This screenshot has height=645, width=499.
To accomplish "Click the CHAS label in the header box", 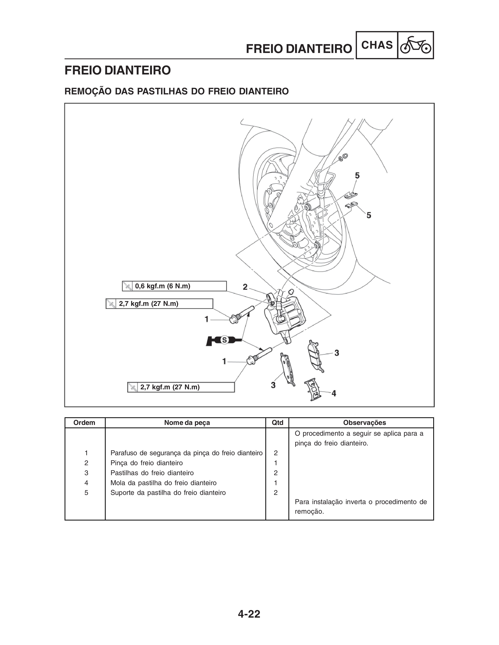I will tap(377, 45).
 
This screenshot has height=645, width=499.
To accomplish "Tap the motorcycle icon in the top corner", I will tap(415, 45).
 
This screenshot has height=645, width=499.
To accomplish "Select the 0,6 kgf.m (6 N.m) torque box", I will tap(174, 286).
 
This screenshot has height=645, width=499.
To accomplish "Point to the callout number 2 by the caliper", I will tap(245, 287).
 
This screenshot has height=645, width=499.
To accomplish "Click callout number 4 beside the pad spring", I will tap(334, 393).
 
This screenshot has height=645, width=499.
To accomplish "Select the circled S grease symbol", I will tap(224, 340).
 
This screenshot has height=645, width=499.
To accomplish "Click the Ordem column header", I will tap(84, 423).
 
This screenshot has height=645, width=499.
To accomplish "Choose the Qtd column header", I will tap(277, 423).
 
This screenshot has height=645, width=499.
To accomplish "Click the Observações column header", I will tap(365, 423).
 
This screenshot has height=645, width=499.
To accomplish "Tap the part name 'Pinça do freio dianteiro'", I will tap(147, 463).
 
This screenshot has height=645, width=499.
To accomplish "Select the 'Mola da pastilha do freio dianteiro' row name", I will tap(163, 483).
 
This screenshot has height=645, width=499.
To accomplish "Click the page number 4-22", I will tap(249, 614).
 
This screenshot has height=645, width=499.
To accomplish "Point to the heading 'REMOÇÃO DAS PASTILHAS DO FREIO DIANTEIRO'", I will tap(177, 91).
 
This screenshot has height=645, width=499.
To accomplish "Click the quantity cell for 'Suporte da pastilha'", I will tap(276, 493).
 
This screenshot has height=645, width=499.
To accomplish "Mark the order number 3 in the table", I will tap(86, 473).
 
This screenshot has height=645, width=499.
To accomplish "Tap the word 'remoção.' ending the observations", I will tap(309, 511).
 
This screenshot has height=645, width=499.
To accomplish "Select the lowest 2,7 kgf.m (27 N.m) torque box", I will tap(181, 387).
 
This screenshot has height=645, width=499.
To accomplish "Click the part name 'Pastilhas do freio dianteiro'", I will tap(152, 473).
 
